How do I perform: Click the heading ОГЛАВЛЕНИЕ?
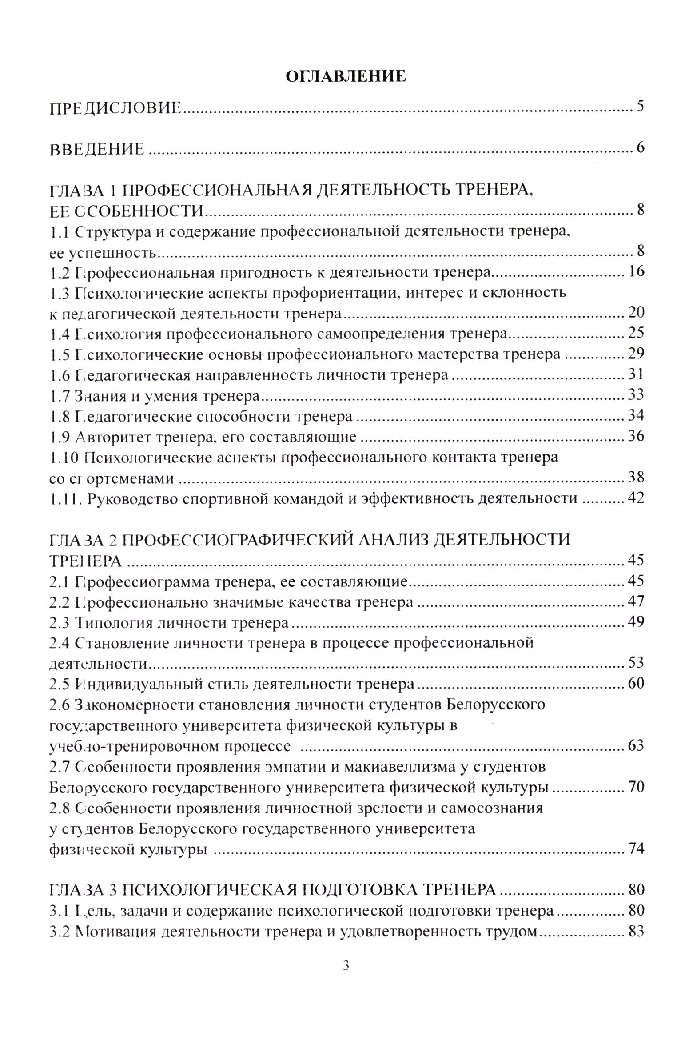[x=345, y=76]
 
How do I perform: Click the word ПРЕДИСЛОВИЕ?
[x=115, y=108]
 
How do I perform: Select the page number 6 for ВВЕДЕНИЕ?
[x=640, y=148]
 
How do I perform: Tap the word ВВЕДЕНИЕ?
[x=96, y=149]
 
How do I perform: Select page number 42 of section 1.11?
[x=635, y=498]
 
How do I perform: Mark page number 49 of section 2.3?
[x=635, y=621]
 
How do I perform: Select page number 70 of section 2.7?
[x=635, y=787]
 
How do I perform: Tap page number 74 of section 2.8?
[x=635, y=848]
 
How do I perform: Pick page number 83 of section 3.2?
[x=635, y=931]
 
